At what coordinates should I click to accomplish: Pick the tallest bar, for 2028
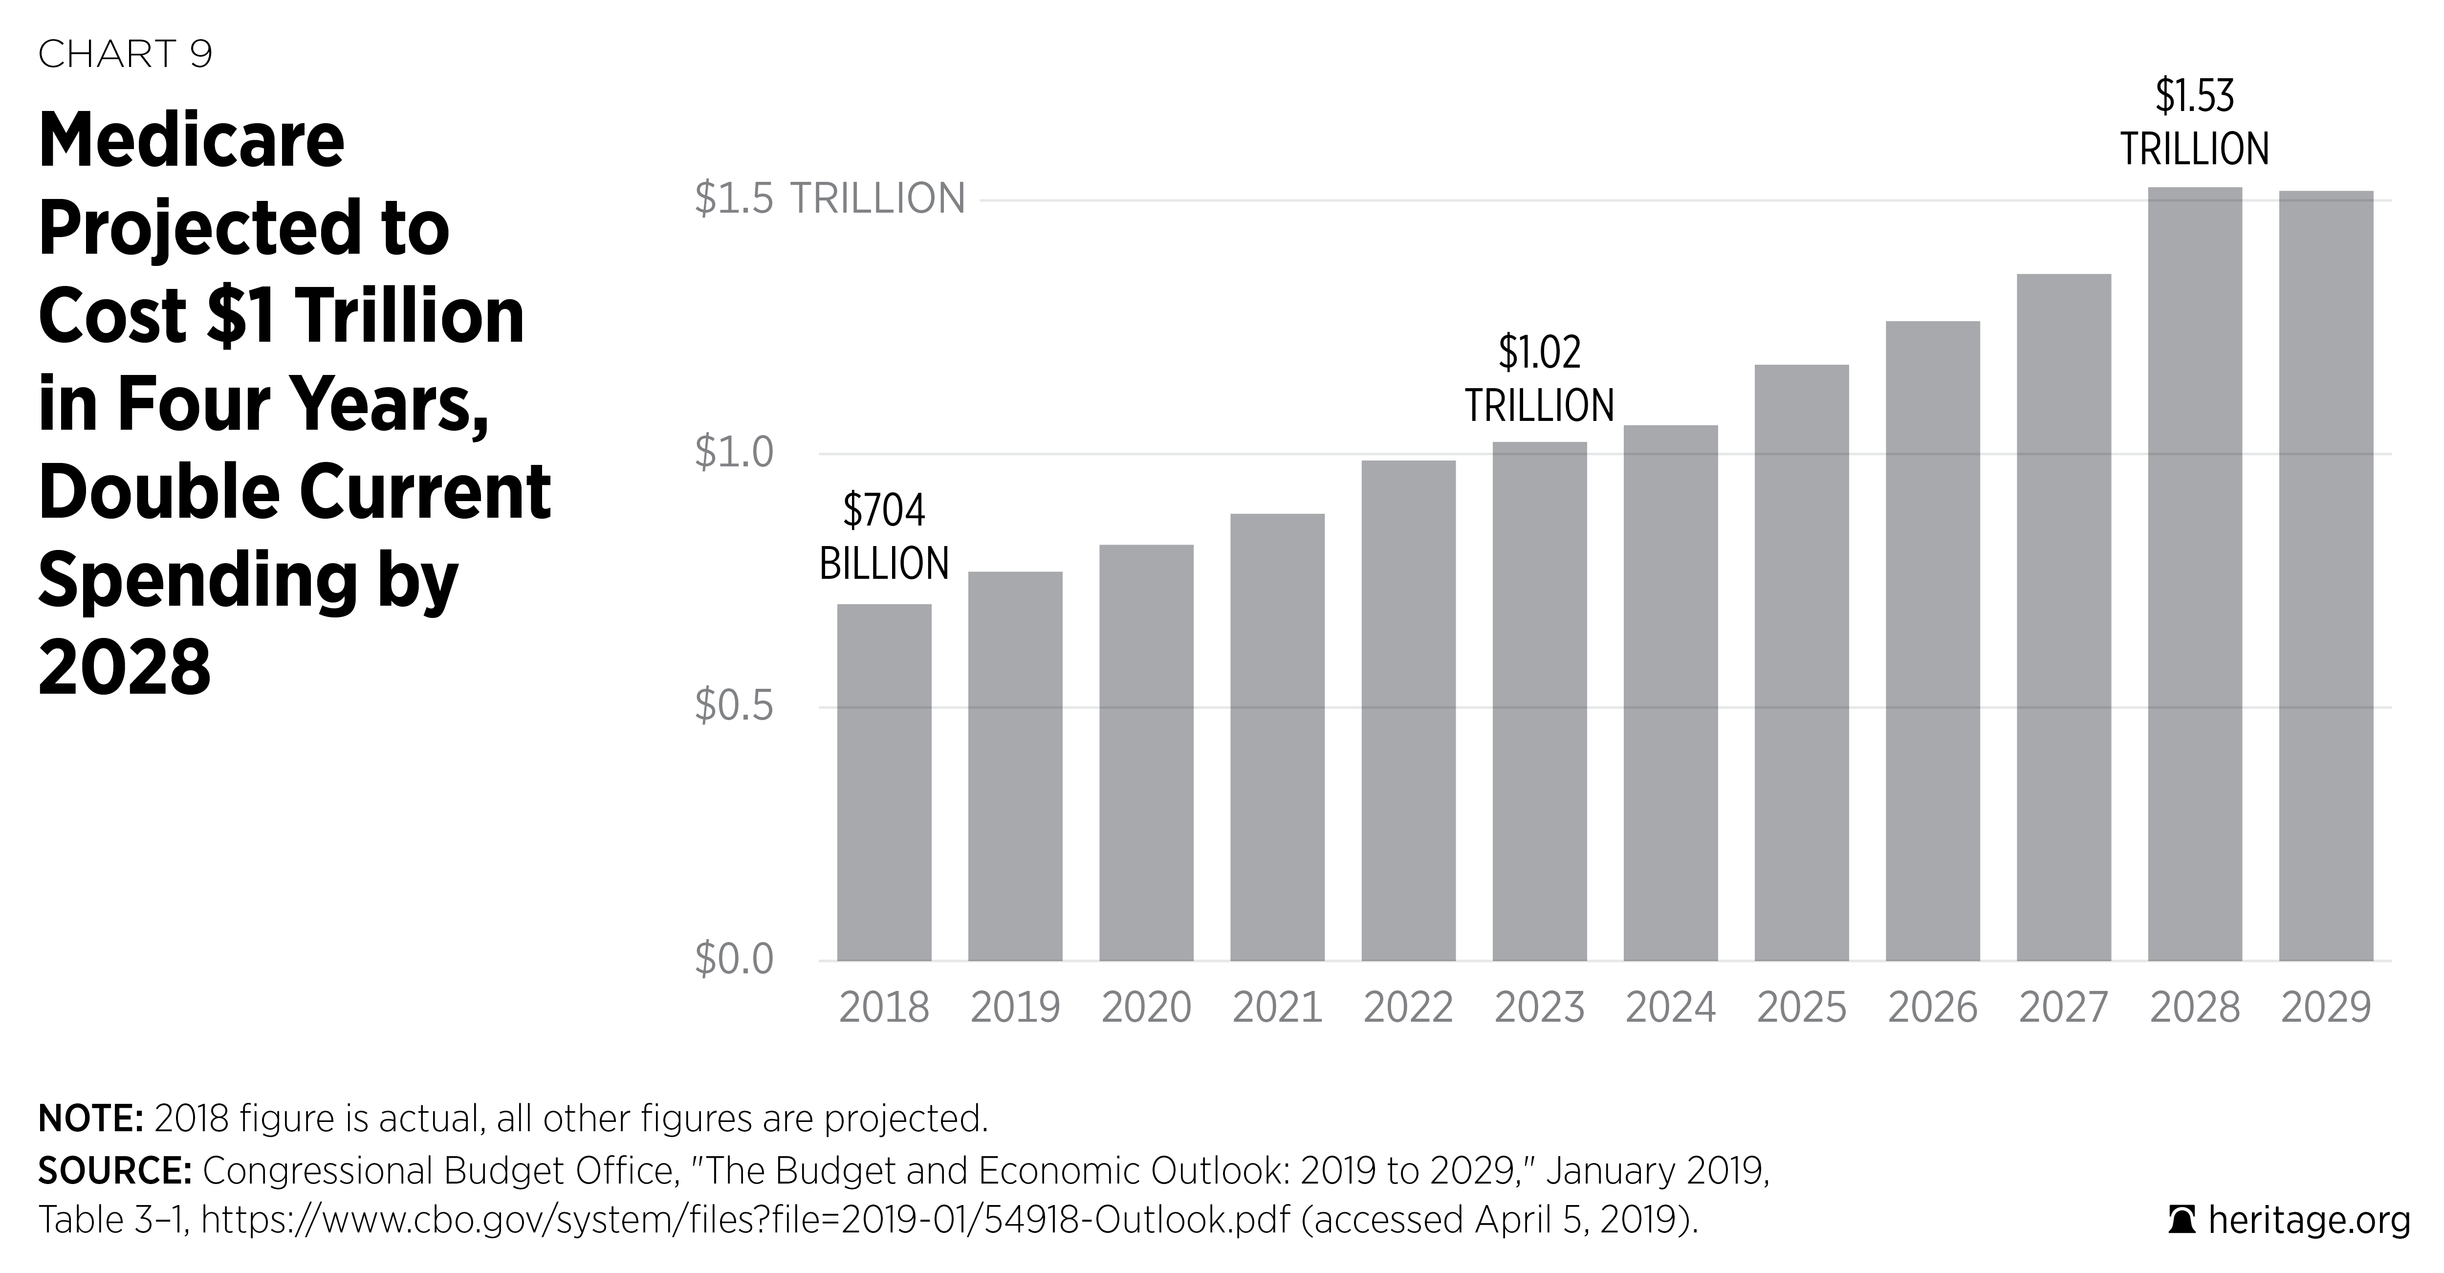(x=2195, y=574)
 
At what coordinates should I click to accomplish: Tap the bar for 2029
(x=2325, y=576)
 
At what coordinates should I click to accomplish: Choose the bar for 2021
(x=1277, y=737)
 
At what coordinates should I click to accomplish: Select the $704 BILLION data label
(x=883, y=537)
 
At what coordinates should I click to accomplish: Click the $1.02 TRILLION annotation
(x=1539, y=379)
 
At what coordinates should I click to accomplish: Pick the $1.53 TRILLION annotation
(x=2195, y=123)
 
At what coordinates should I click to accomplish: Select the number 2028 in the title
(x=124, y=667)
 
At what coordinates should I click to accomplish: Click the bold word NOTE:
(x=90, y=1119)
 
